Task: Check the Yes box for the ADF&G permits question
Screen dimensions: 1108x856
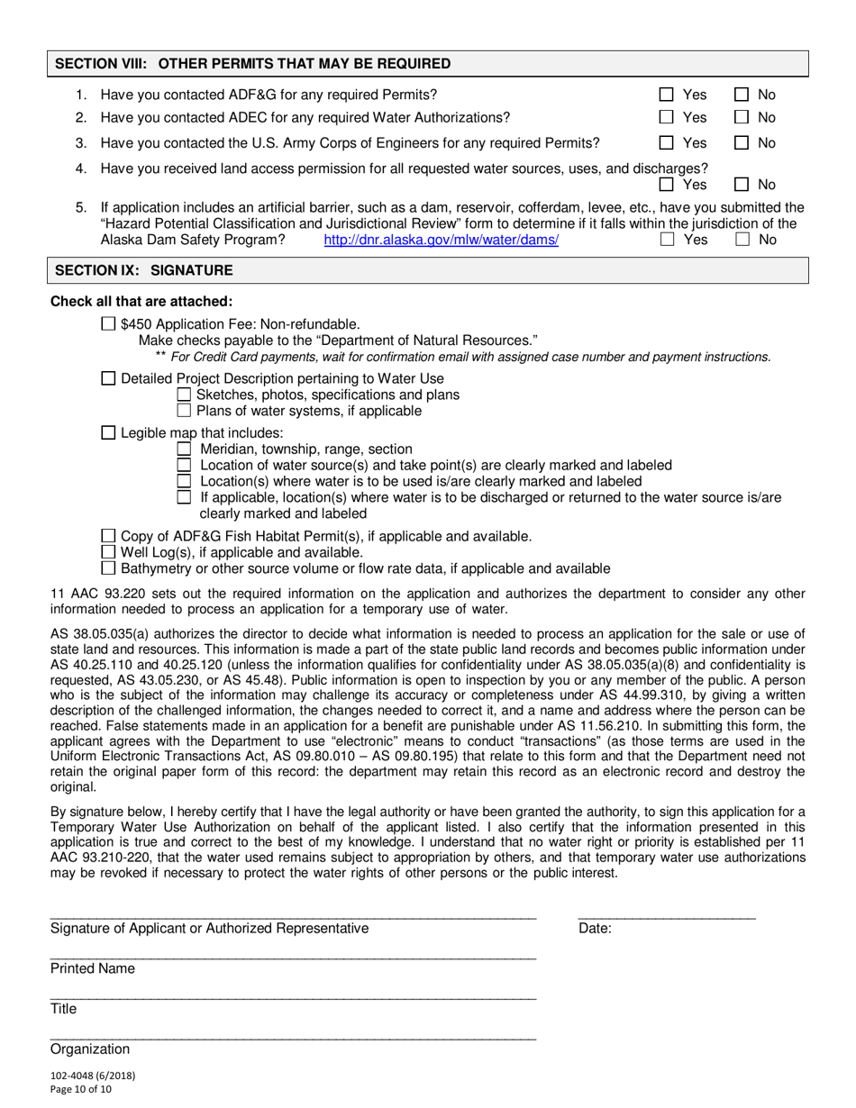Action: (667, 95)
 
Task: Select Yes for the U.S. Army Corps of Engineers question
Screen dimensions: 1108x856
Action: (667, 142)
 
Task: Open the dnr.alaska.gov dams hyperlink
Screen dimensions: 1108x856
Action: (441, 240)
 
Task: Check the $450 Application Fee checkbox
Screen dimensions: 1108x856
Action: (108, 324)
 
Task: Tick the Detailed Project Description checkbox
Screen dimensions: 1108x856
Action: (108, 379)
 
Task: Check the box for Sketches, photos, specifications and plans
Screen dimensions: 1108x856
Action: (184, 395)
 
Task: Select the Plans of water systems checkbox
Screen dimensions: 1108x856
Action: (184, 411)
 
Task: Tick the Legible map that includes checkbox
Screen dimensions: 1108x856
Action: (108, 433)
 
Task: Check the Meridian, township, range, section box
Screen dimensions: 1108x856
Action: (184, 449)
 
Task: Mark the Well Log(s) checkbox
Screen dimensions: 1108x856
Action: (108, 552)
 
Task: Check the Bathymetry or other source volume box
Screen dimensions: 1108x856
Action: (108, 568)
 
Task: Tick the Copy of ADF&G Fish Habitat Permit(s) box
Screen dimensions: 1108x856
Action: (108, 536)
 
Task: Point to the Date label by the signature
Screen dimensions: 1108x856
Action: (595, 929)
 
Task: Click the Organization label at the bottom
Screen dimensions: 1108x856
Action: (90, 1049)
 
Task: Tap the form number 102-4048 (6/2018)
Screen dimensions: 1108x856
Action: (94, 1075)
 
